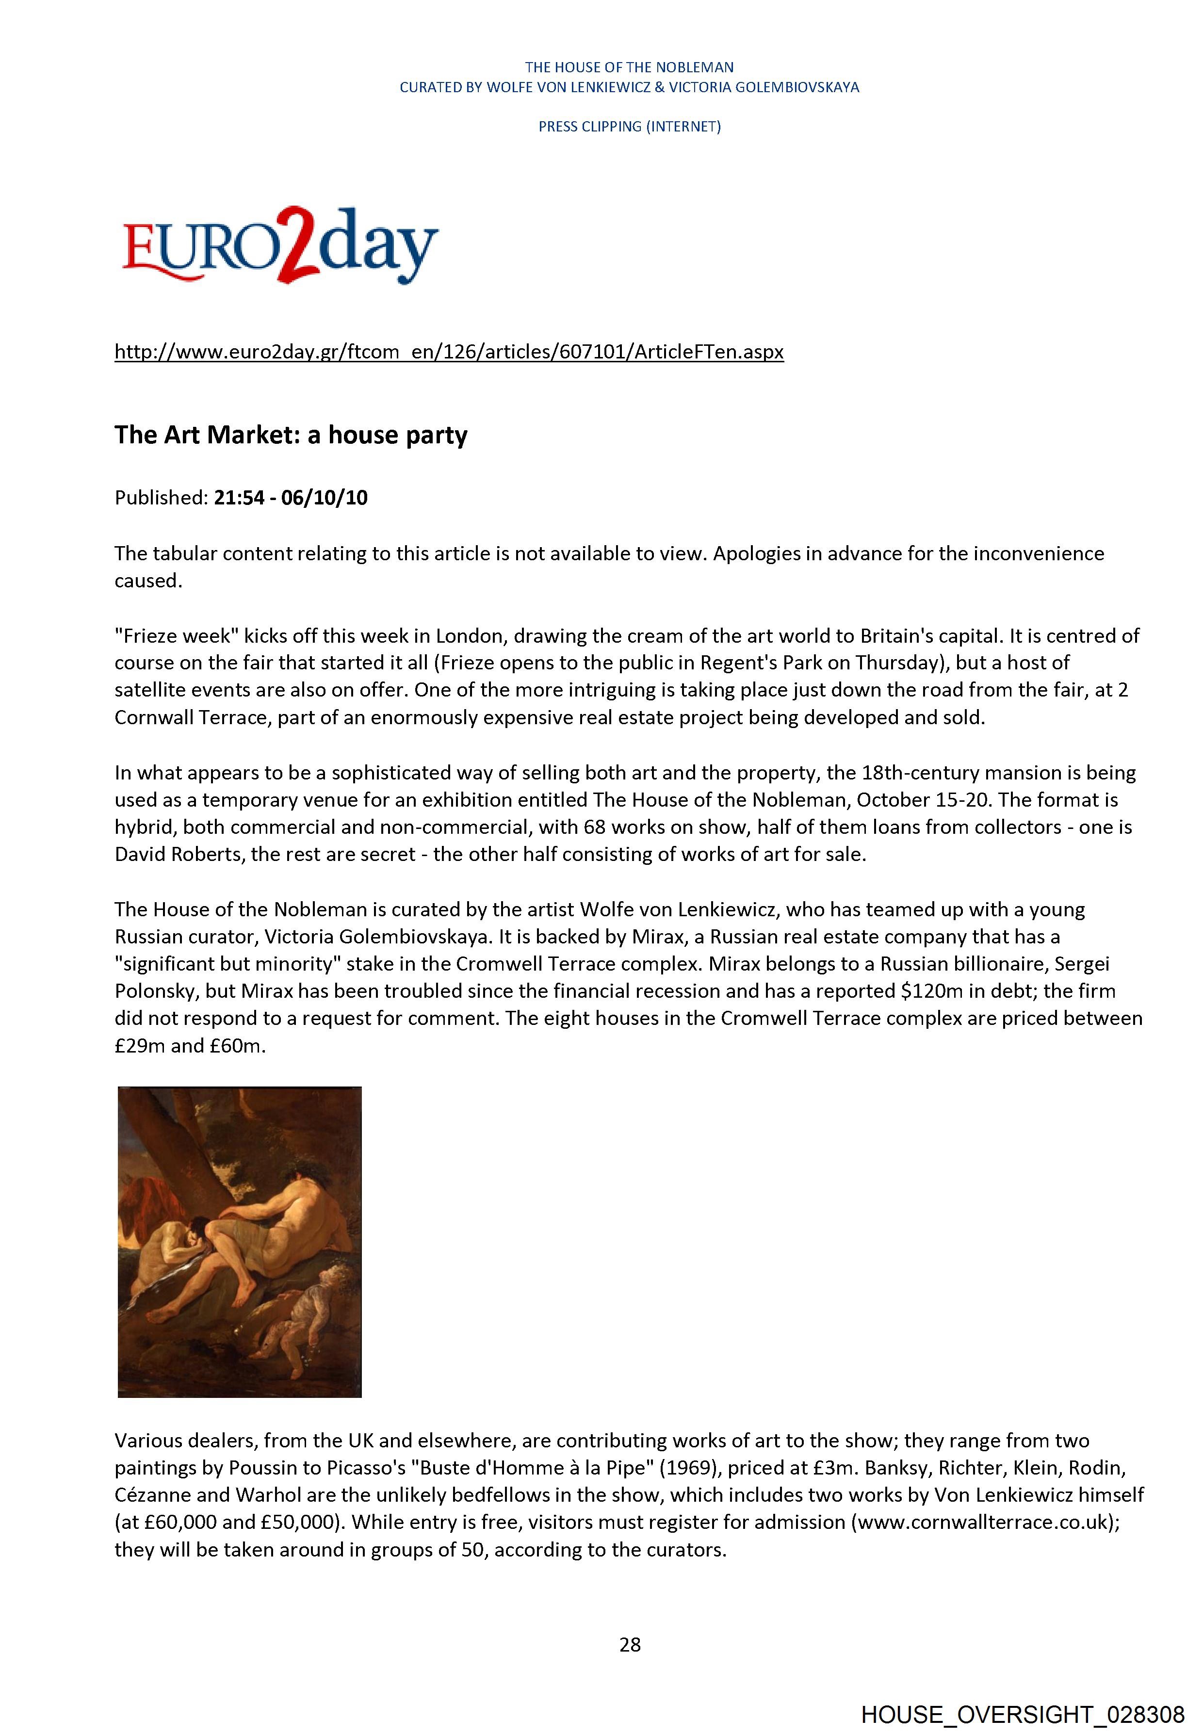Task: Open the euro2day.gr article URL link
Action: pos(449,352)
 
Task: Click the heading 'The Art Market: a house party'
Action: pos(291,435)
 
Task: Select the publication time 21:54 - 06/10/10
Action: pos(291,498)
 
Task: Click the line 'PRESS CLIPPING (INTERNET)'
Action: pos(629,127)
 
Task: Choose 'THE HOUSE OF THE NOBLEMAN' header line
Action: pos(629,67)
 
